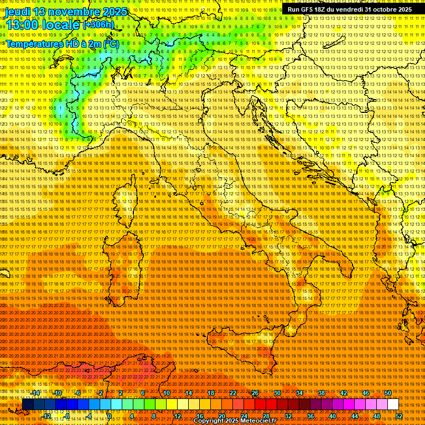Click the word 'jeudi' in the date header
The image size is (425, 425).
click(x=17, y=12)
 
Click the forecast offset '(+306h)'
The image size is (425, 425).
click(x=99, y=24)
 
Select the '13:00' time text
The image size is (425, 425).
click(x=21, y=25)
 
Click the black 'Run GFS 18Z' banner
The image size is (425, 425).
click(x=349, y=9)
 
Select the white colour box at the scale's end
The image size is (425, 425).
click(x=393, y=405)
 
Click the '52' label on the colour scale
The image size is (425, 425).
click(x=399, y=416)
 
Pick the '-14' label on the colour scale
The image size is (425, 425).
click(x=35, y=392)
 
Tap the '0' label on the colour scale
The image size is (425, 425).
click(x=110, y=416)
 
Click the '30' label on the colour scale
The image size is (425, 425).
click(x=277, y=392)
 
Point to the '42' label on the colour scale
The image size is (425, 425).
click(x=344, y=392)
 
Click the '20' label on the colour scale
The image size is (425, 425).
click(x=221, y=416)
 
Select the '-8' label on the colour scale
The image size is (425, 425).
click(x=66, y=416)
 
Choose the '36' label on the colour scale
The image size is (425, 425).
click(x=310, y=416)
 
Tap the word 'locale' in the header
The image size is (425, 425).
click(x=61, y=25)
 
